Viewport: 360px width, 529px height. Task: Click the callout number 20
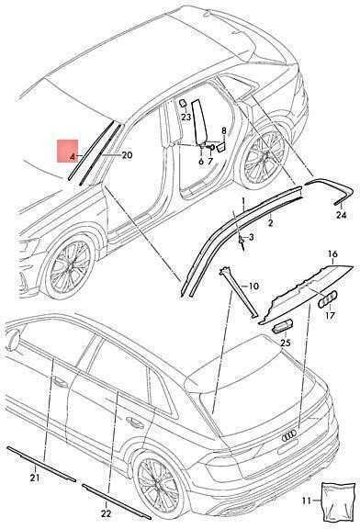coord(127,155)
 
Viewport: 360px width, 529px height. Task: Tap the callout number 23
coord(186,117)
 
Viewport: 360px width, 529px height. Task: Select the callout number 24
coord(342,215)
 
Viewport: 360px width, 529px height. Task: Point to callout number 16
coord(332,253)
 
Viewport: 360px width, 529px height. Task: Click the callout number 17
coord(330,315)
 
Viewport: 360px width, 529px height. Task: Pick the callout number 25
coord(285,343)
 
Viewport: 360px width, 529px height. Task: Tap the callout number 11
coord(306,501)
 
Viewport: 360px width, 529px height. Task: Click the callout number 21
coord(35,478)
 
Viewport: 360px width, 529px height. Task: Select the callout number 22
coord(106,513)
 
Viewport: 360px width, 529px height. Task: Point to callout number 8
coord(224,131)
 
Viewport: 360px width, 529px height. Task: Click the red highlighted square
coord(67,151)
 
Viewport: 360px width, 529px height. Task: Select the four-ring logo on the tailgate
coord(289,436)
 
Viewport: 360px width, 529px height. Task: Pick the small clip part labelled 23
coord(183,103)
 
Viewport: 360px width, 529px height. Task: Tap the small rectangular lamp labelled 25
coord(282,327)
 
